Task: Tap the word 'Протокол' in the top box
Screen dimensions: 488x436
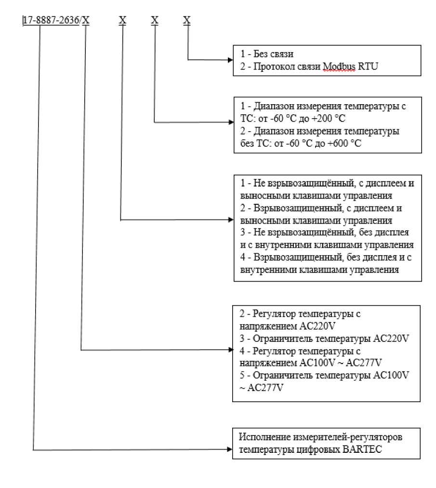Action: [267, 66]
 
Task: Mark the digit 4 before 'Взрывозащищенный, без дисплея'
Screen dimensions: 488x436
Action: [242, 258]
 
